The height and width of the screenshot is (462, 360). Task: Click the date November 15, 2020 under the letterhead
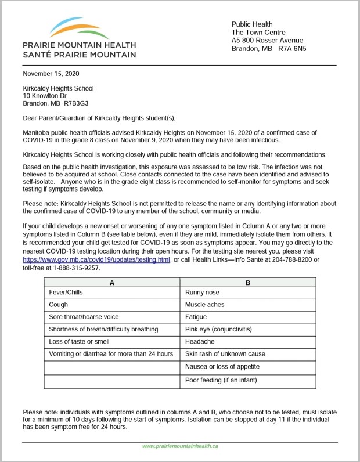point(51,74)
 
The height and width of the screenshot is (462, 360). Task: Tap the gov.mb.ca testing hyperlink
point(96,260)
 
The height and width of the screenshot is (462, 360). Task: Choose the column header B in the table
point(248,282)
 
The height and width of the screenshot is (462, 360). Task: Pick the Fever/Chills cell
point(66,293)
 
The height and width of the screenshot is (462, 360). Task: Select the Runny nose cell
point(201,293)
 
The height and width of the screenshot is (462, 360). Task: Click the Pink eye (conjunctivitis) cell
point(218,329)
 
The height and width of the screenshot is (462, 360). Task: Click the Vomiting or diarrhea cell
point(111,354)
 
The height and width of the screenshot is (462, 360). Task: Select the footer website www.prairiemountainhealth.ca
point(179,446)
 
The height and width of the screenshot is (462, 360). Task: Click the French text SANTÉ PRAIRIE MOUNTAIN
point(80,55)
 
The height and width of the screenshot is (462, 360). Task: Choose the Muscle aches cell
point(204,305)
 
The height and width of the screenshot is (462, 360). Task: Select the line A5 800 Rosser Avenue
point(267,41)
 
